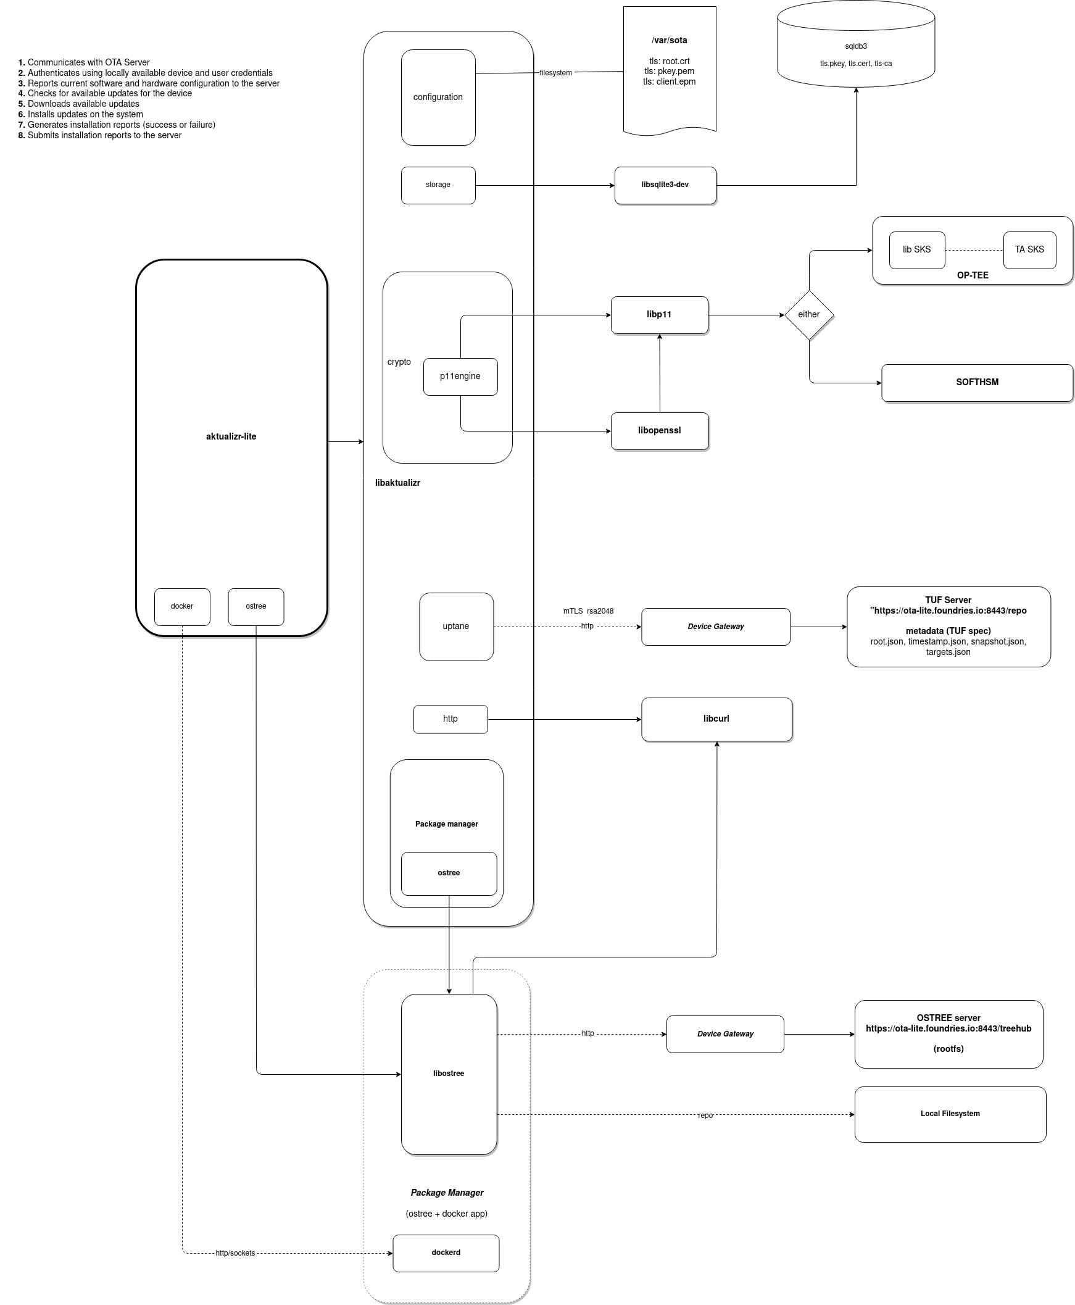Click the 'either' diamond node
click(x=809, y=315)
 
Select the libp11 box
click(x=659, y=315)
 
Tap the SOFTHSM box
click(x=976, y=382)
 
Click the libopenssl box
click(x=659, y=430)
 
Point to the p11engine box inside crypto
click(x=460, y=376)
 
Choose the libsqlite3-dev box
click(x=665, y=185)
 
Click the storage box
click(x=438, y=185)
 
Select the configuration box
click(x=438, y=98)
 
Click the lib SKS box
click(x=916, y=249)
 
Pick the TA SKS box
click(x=1029, y=249)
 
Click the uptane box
click(x=456, y=626)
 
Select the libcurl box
click(x=716, y=719)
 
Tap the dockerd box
click(x=446, y=1253)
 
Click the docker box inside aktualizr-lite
click(x=182, y=606)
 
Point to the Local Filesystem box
click(x=950, y=1114)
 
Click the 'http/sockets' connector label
click(x=235, y=1253)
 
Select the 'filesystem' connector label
click(x=555, y=73)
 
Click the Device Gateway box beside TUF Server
click(x=715, y=626)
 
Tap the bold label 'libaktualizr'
click(x=397, y=483)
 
